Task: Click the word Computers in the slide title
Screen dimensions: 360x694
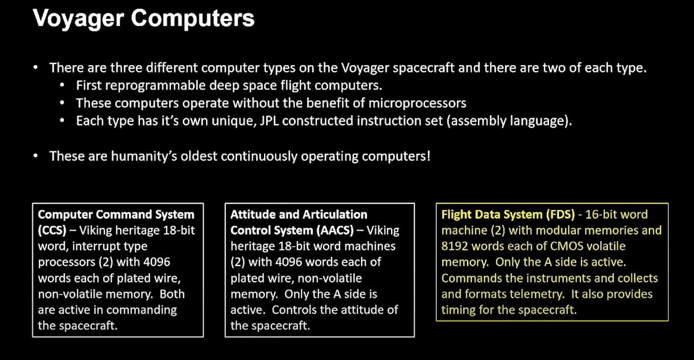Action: point(193,19)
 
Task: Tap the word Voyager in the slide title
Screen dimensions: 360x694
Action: point(78,19)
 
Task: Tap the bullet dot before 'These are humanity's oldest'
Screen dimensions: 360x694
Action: point(36,156)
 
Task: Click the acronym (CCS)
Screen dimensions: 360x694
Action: point(52,230)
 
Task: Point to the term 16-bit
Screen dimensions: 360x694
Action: point(603,215)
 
